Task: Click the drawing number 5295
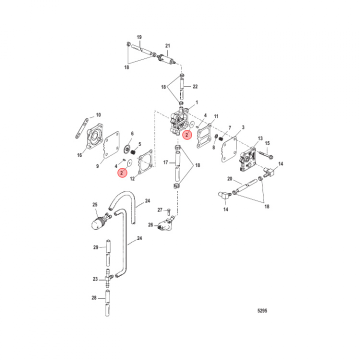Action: click(x=262, y=310)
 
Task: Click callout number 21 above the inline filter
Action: click(x=167, y=46)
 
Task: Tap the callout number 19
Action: click(x=139, y=37)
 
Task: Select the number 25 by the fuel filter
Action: click(x=95, y=204)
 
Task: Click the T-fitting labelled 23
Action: click(x=108, y=278)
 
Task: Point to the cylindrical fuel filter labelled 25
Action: click(x=99, y=221)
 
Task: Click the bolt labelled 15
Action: click(x=266, y=154)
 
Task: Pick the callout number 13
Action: click(x=260, y=138)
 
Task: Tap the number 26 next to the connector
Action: click(x=150, y=225)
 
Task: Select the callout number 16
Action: click(x=79, y=155)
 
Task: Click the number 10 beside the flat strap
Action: click(x=98, y=115)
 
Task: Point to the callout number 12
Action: click(x=132, y=178)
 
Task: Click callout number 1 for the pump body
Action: click(x=196, y=102)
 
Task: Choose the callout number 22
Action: click(x=195, y=86)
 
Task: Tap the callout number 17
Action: click(x=165, y=162)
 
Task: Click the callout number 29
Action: click(x=95, y=247)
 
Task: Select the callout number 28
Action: click(x=94, y=298)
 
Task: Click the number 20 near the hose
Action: click(x=230, y=178)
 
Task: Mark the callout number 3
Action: click(x=243, y=127)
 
